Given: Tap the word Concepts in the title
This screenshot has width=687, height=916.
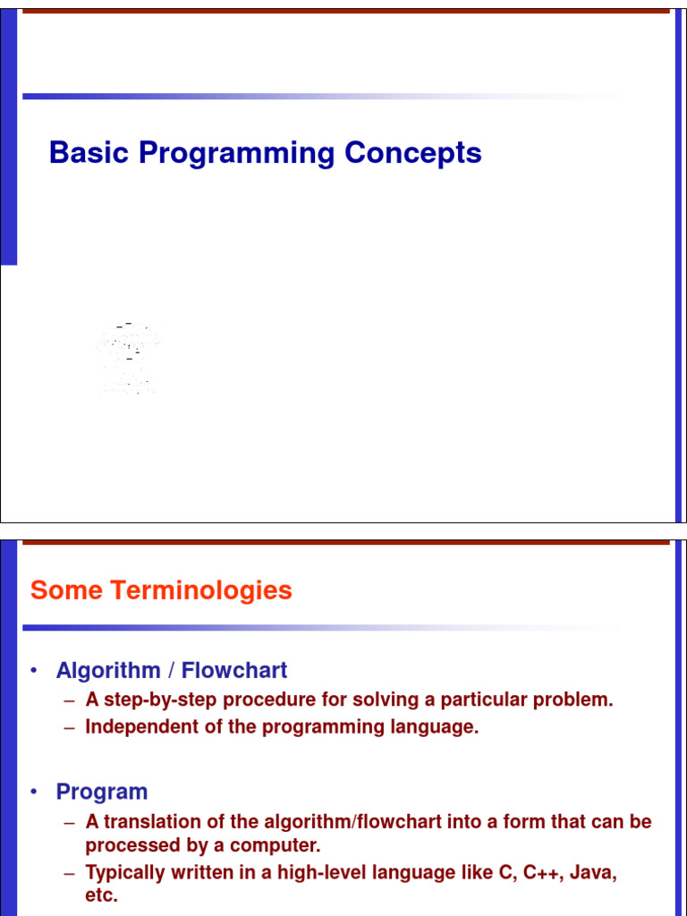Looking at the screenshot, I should [x=412, y=153].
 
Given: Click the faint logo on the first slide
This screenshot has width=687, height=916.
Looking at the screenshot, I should [x=129, y=359].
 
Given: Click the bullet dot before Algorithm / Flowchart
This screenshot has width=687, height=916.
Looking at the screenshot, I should [x=34, y=671].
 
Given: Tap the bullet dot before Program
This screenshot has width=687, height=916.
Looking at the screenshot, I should [x=34, y=793].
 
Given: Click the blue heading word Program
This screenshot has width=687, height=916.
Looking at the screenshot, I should [x=101, y=793].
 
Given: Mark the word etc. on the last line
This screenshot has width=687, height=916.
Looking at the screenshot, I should [x=101, y=895].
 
